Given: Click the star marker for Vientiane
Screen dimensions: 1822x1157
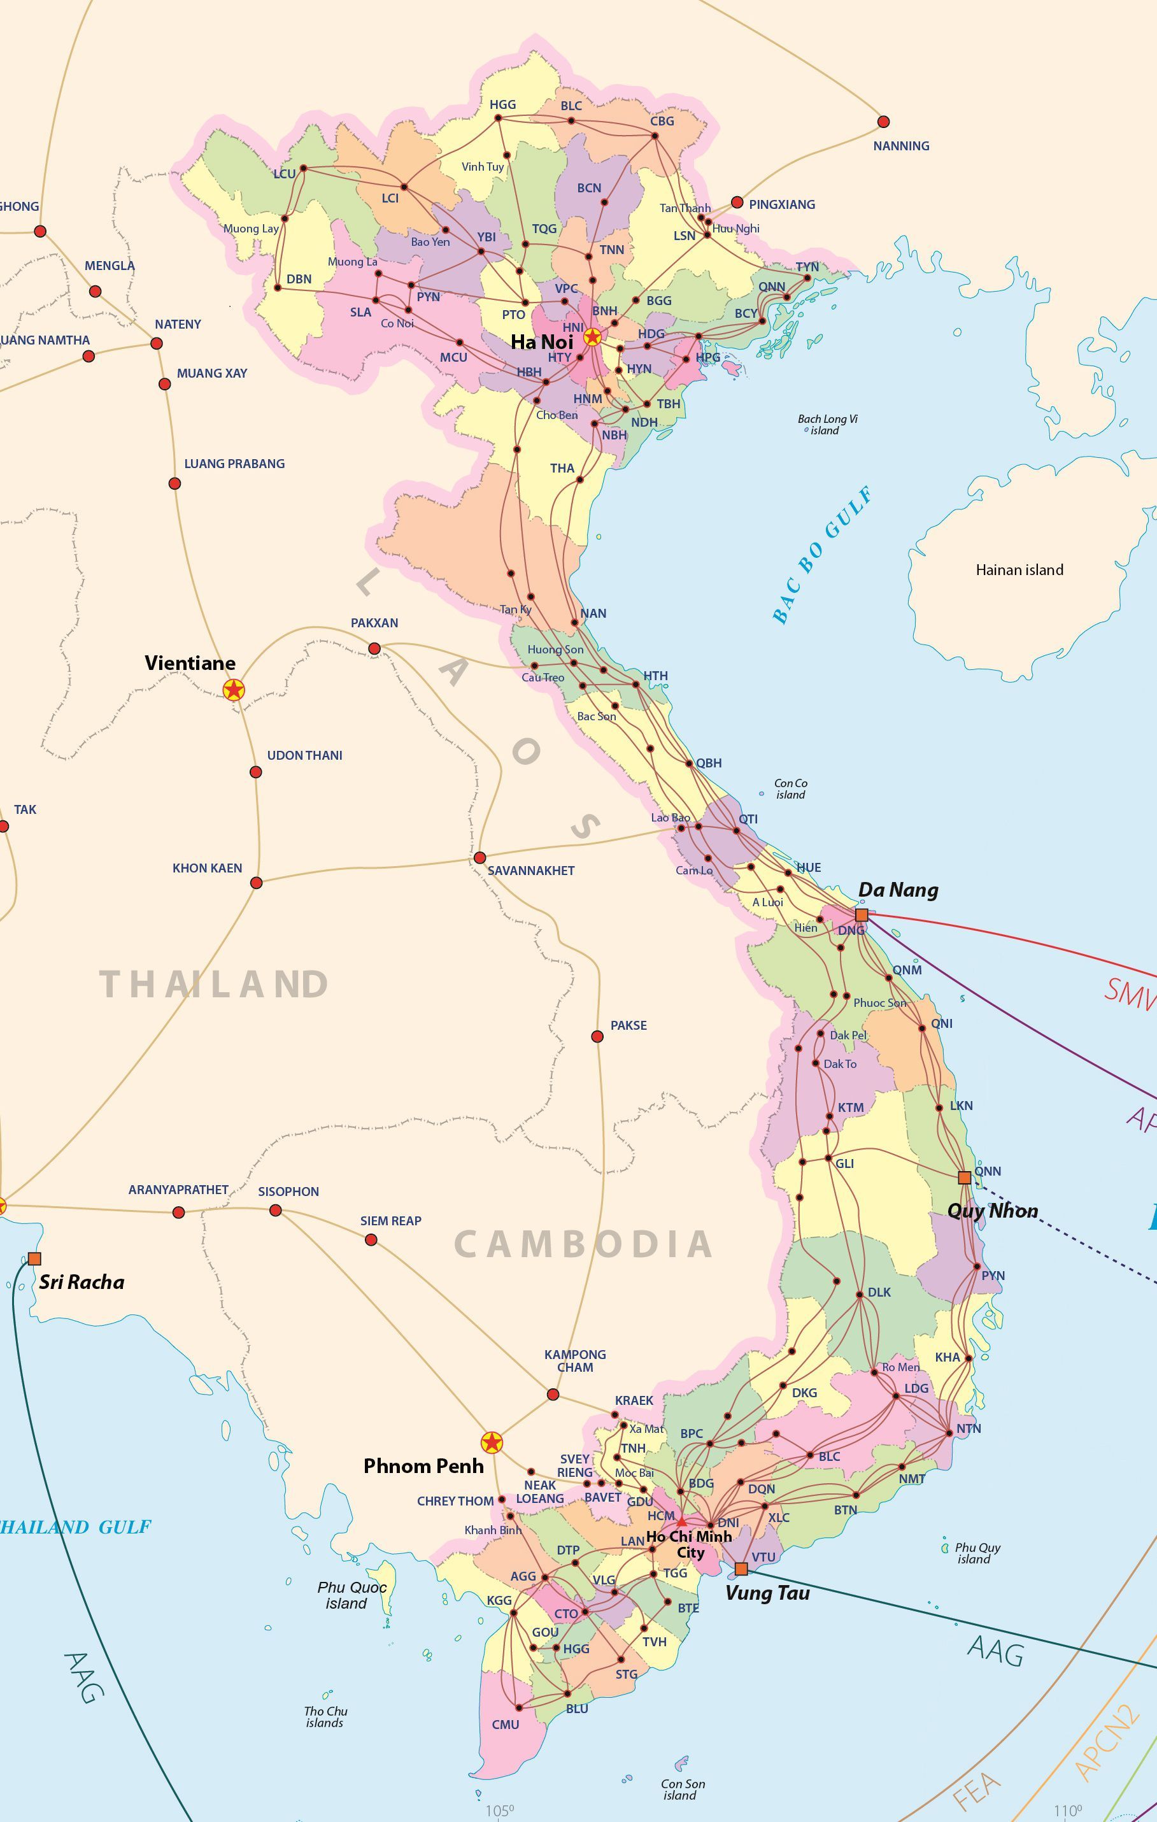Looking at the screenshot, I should pyautogui.click(x=234, y=689).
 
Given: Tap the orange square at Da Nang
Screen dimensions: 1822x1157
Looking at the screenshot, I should pyautogui.click(x=861, y=915).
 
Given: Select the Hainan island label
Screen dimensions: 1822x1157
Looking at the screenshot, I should pyautogui.click(x=1019, y=570).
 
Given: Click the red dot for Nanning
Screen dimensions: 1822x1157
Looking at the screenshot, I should pyautogui.click(x=883, y=122).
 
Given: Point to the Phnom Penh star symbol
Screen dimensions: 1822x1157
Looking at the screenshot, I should pyautogui.click(x=492, y=1442).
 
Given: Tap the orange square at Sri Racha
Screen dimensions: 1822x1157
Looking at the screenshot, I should pyautogui.click(x=34, y=1259).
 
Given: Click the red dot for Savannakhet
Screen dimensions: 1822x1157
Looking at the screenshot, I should pyautogui.click(x=479, y=857).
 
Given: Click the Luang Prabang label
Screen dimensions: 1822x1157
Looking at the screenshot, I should pyautogui.click(x=234, y=464).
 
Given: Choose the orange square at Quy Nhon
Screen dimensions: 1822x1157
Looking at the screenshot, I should pyautogui.click(x=964, y=1178).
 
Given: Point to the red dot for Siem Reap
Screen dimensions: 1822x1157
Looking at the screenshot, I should pyautogui.click(x=371, y=1239).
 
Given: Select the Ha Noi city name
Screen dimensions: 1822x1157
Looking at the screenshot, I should pyautogui.click(x=542, y=341).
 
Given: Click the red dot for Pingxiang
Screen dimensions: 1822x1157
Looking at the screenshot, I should pyautogui.click(x=737, y=202).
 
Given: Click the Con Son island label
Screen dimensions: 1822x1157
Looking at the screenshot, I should pyautogui.click(x=683, y=1789).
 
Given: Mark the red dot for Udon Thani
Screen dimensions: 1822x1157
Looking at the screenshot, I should pyautogui.click(x=256, y=772).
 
